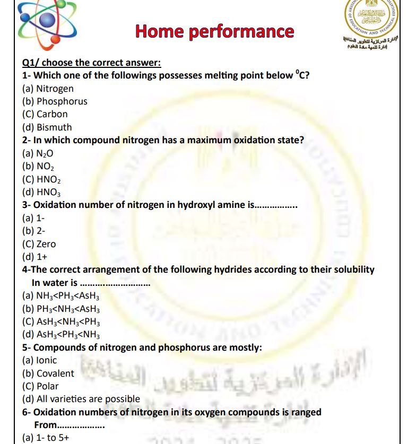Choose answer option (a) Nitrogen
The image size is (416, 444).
(48, 89)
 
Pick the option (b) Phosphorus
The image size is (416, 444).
(55, 101)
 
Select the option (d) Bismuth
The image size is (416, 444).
(47, 127)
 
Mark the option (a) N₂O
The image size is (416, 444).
(38, 153)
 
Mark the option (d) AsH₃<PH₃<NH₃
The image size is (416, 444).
(61, 334)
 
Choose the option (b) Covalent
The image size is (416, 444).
(48, 373)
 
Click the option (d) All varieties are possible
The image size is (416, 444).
(81, 399)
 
